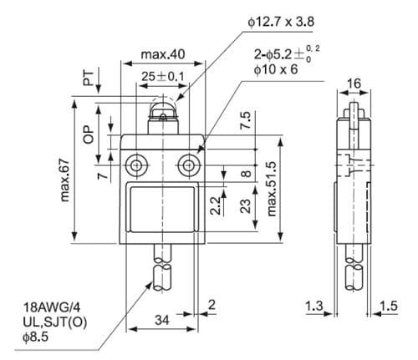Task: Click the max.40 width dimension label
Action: [163, 54]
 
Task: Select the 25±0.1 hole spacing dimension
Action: [163, 76]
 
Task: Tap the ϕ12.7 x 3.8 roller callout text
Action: [281, 22]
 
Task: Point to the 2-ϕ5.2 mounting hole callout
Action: [287, 54]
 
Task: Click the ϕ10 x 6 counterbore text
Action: [276, 69]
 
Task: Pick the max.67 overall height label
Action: [64, 180]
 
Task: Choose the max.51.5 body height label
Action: [271, 189]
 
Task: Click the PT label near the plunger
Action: [89, 79]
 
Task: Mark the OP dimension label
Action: [89, 134]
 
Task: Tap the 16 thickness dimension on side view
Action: [354, 83]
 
